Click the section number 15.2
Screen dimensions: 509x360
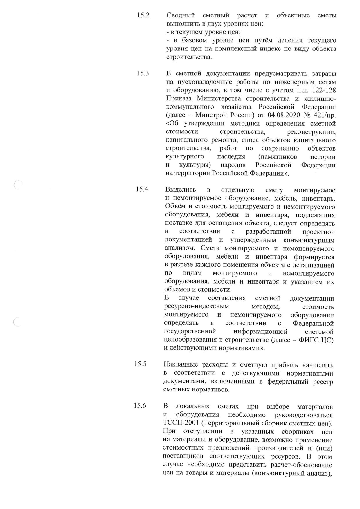(143, 15)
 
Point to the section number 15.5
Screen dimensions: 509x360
(140, 364)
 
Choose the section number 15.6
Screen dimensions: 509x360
(140, 406)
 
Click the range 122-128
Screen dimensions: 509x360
(321, 90)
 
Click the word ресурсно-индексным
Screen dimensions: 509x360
(197, 307)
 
